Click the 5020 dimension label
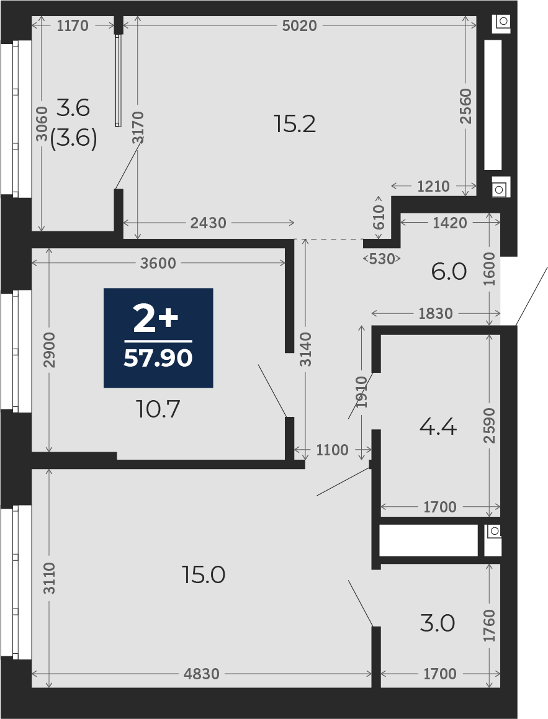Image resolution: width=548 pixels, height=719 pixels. (300, 25)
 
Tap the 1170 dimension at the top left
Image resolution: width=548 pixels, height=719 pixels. (73, 25)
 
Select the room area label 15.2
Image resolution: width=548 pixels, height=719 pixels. (294, 124)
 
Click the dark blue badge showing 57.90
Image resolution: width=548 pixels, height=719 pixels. (158, 337)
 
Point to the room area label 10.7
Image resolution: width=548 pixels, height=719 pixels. (158, 409)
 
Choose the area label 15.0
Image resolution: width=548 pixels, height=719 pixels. (204, 574)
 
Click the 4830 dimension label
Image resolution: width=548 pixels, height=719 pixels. (201, 674)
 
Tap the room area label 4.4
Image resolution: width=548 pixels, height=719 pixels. (438, 427)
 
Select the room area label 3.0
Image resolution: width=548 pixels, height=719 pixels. (438, 623)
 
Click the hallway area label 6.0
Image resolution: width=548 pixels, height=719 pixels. (449, 272)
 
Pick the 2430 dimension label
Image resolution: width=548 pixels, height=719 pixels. (208, 223)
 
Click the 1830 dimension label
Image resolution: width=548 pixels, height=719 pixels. (435, 314)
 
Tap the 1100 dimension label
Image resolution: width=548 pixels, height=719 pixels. (332, 450)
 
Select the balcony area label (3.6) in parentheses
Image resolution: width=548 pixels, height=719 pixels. (73, 138)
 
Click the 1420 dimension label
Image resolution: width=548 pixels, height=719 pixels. (450, 223)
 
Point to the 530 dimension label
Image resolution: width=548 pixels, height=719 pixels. (382, 259)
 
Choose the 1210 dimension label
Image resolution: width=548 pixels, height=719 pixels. (433, 186)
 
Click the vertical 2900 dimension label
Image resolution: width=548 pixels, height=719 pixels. (49, 350)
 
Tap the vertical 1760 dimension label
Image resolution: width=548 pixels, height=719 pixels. (489, 625)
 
